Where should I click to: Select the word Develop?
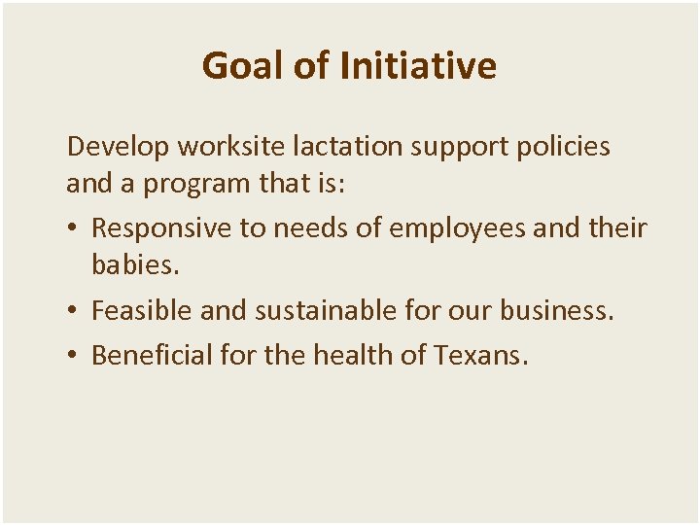tap(115, 147)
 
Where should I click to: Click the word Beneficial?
tap(152, 356)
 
